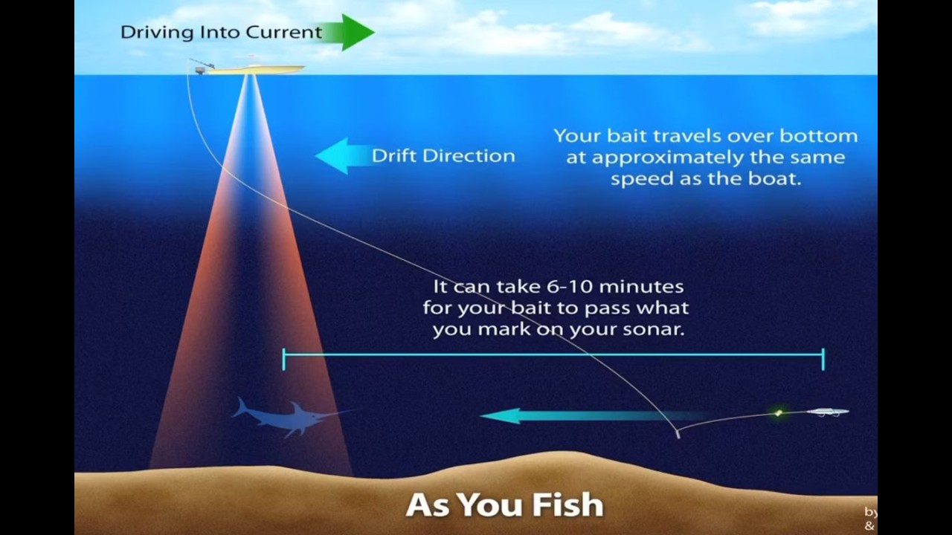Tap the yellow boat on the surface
click(253, 68)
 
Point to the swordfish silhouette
click(286, 418)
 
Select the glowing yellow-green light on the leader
click(779, 412)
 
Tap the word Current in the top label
click(286, 33)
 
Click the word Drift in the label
click(395, 156)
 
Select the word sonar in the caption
click(654, 329)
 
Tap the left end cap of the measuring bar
click(284, 360)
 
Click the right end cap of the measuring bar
click(823, 360)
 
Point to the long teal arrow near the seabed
click(565, 416)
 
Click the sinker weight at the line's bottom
click(678, 435)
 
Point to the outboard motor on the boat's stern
click(199, 69)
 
